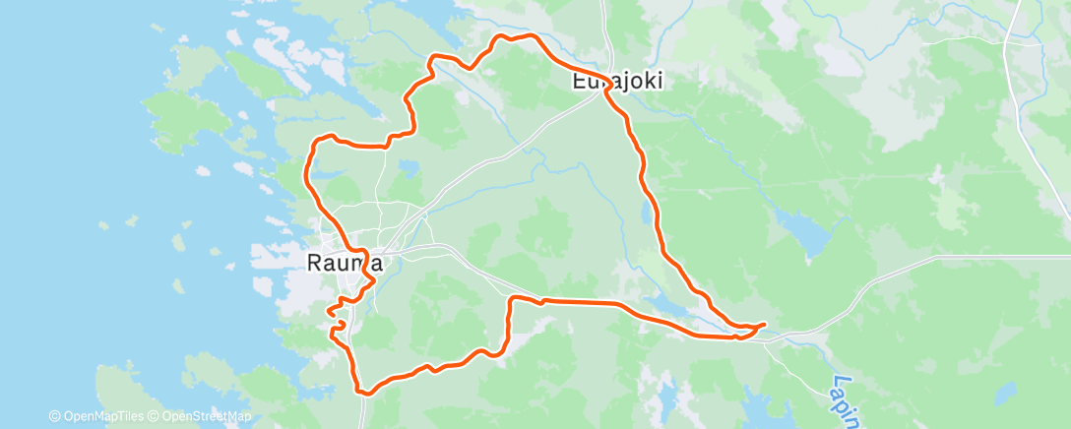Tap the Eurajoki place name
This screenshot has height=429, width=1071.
tap(617, 83)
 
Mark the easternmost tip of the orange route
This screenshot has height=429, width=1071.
tap(765, 324)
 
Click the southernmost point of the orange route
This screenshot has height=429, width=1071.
tap(366, 393)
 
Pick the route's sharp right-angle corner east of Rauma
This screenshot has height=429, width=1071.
tap(510, 298)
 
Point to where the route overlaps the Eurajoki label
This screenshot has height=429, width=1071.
tap(606, 83)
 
